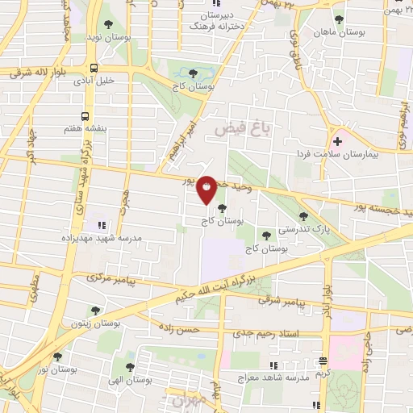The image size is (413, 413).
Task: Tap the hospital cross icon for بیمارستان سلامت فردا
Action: tap(337, 141)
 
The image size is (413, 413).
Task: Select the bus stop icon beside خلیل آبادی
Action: tap(94, 69)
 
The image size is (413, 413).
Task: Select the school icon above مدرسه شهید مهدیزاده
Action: tap(101, 226)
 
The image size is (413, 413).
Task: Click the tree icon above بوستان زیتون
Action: tap(95, 311)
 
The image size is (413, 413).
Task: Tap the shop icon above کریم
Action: tap(323, 361)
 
